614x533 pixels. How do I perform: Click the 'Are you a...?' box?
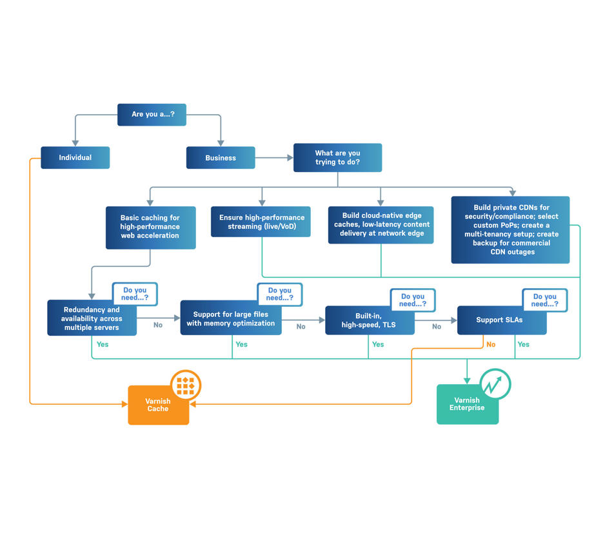point(152,115)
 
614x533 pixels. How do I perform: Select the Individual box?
point(75,158)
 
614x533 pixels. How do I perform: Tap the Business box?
point(221,158)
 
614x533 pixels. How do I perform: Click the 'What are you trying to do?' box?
point(337,158)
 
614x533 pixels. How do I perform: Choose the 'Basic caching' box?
point(150,228)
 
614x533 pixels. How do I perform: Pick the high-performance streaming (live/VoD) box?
point(261,222)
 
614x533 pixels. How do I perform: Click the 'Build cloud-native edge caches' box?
point(380,225)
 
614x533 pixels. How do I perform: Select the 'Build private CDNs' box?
point(510,230)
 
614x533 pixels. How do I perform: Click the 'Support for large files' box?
point(230,319)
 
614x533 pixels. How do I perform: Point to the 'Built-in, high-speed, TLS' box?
point(370,320)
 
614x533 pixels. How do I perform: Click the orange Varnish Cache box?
point(158,405)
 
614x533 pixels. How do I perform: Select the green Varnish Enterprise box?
point(466,405)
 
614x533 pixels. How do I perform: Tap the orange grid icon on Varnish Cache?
point(186,385)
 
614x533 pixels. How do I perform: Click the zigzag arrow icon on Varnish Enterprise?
point(495,385)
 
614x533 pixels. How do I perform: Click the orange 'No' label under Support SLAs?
point(491,345)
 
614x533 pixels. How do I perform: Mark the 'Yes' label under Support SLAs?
point(523,345)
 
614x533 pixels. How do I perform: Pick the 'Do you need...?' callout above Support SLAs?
point(545,300)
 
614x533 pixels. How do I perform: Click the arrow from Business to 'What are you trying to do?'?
point(274,158)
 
